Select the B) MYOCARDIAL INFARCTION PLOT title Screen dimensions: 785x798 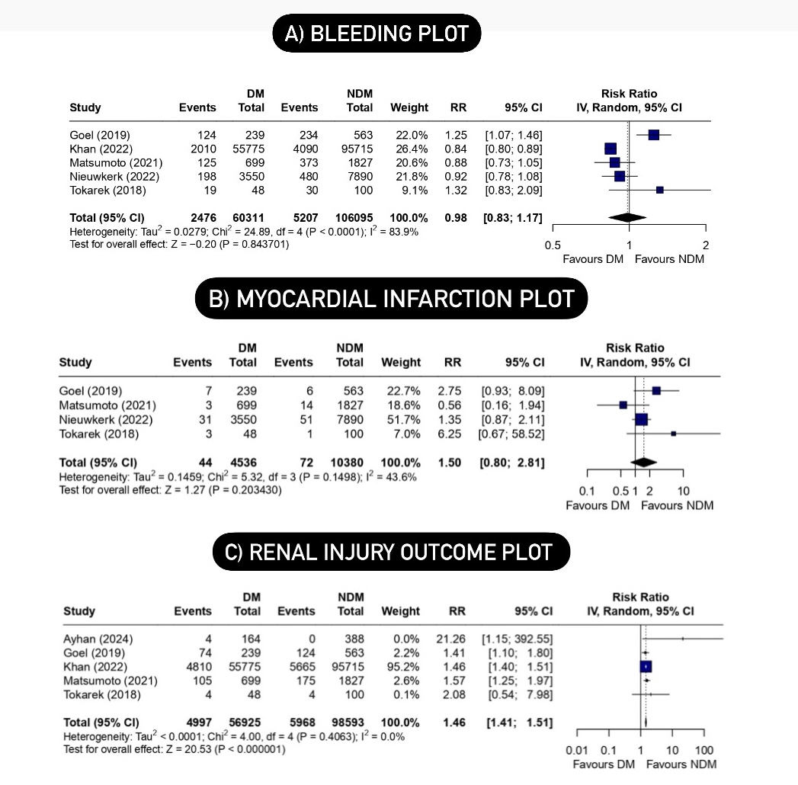coord(392,298)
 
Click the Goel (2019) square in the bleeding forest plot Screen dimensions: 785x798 coord(653,135)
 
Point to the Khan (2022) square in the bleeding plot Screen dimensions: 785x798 coord(610,149)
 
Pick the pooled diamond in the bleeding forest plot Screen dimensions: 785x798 coord(627,219)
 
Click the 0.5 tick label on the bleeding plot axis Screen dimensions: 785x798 coord(553,245)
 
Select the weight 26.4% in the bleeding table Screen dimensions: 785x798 coord(409,149)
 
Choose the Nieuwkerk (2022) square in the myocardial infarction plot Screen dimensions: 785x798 coord(642,419)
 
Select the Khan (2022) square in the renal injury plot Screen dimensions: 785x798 coord(646,666)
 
